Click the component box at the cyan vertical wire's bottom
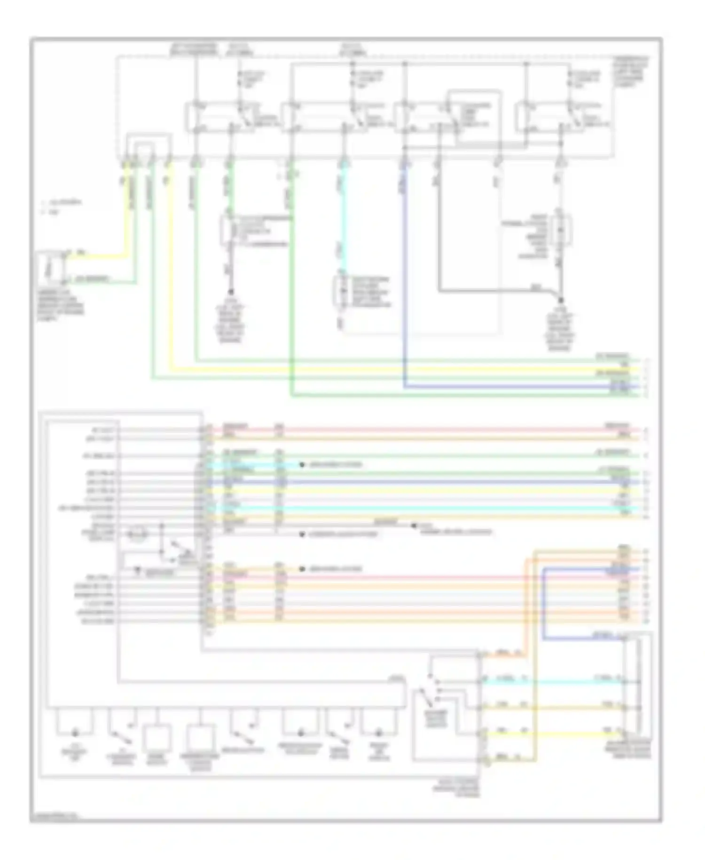point(339,292)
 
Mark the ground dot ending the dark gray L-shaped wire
point(561,300)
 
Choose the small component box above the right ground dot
point(560,230)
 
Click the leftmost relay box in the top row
point(219,116)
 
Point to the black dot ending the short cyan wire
point(302,465)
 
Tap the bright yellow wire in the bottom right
point(564,733)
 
